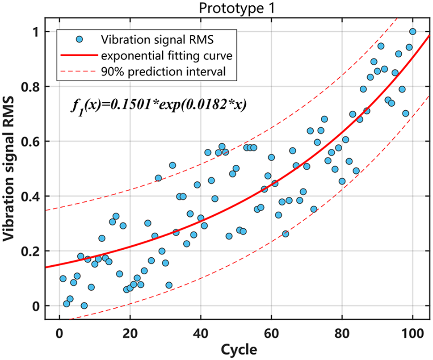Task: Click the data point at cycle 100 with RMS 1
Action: tap(412, 31)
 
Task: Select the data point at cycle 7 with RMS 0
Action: tap(84, 306)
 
